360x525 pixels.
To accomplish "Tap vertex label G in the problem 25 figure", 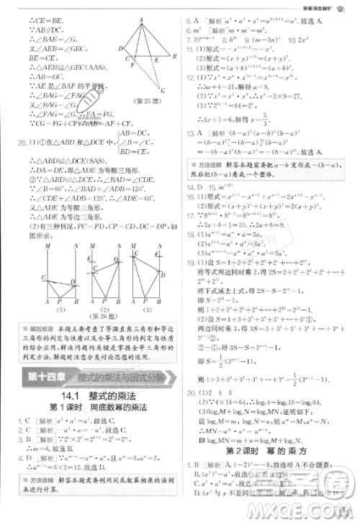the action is [x=163, y=90].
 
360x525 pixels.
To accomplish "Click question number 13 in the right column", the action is [x=189, y=133].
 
